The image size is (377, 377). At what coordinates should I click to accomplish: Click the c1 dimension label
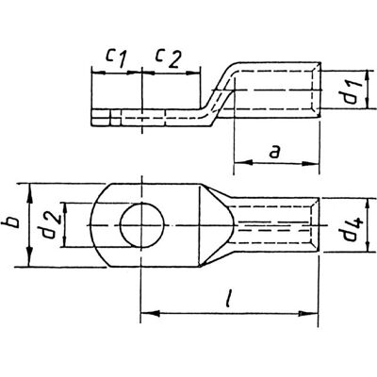point(115,58)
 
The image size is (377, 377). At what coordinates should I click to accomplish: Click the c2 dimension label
point(168,58)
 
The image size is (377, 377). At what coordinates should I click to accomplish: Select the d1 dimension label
point(351,90)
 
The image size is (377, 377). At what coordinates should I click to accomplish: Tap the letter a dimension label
point(275,153)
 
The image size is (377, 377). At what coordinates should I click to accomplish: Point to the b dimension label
point(12,222)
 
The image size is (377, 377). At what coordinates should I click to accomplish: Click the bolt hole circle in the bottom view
point(142,225)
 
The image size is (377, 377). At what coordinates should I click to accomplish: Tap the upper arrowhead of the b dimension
point(29,192)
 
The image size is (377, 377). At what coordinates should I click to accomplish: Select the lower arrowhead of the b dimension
point(29,258)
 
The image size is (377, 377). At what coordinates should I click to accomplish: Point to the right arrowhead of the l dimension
point(308,314)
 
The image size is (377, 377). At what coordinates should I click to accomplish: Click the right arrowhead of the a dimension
point(310,163)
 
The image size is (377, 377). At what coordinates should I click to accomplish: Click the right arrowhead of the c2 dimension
point(193,73)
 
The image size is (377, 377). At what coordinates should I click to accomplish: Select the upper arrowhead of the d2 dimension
point(65,210)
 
